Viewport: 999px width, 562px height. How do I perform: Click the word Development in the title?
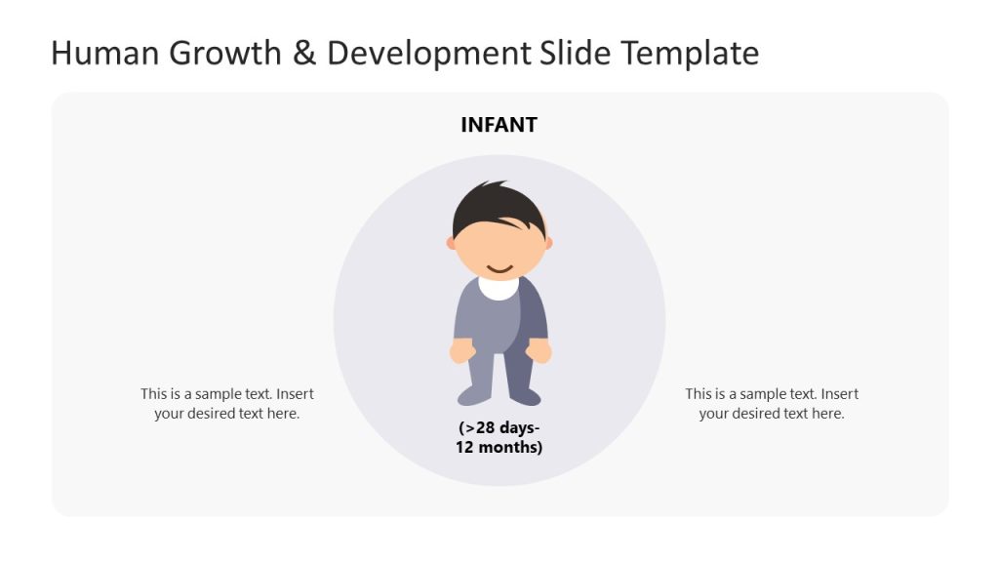[x=429, y=53]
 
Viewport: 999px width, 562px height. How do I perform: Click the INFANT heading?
[x=499, y=125]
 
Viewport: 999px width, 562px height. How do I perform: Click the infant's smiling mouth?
[x=499, y=267]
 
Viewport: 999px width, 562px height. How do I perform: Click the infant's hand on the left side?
[x=462, y=350]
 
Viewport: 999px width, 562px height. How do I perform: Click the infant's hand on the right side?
[x=539, y=350]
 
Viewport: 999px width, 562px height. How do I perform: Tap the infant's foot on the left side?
[x=473, y=395]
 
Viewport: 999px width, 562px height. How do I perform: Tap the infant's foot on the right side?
[x=524, y=396]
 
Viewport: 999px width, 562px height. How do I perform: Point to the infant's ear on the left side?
[x=451, y=243]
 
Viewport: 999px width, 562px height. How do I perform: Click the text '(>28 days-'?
[x=499, y=427]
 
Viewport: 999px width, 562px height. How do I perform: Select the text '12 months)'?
[x=499, y=448]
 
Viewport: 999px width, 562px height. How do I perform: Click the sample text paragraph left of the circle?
[x=227, y=404]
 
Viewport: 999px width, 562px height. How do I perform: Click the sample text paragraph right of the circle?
[x=772, y=404]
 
